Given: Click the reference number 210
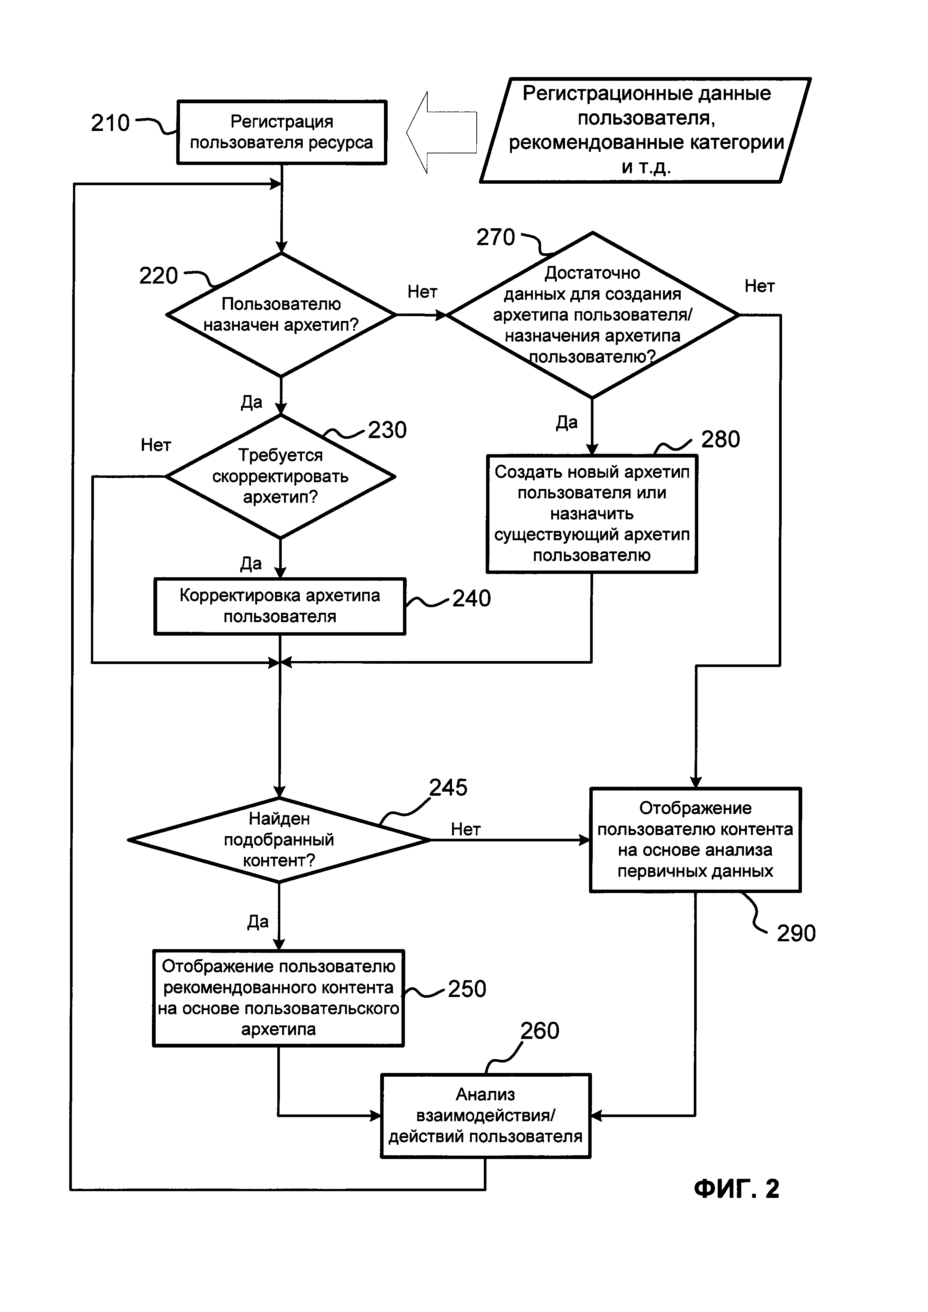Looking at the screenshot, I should pyautogui.click(x=110, y=123).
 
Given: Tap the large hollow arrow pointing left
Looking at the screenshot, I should pyautogui.click(x=441, y=132).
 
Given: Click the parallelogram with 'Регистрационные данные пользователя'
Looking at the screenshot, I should pyautogui.click(x=646, y=130).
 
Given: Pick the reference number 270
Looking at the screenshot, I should pyautogui.click(x=495, y=237).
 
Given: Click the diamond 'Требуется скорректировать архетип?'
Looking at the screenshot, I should pyautogui.click(x=280, y=476).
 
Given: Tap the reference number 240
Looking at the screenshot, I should pyautogui.click(x=471, y=598).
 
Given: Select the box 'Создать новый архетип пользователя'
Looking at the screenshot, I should pyautogui.click(x=592, y=513).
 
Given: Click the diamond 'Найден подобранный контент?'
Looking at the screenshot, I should pyautogui.click(x=279, y=840).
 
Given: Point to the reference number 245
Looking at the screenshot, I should pyautogui.click(x=448, y=787).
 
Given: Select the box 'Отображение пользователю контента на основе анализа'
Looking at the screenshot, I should pyautogui.click(x=695, y=840).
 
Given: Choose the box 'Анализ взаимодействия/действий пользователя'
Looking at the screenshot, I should pyautogui.click(x=485, y=1116).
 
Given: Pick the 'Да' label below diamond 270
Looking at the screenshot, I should pyautogui.click(x=566, y=422).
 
